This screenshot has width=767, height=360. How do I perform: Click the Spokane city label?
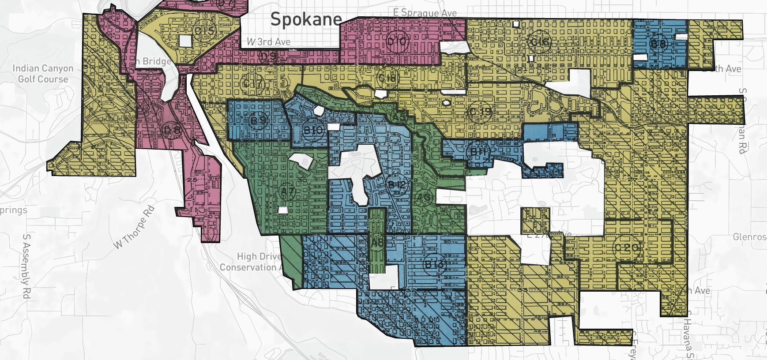tap(306, 19)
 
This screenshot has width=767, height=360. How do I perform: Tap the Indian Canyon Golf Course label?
tap(43, 74)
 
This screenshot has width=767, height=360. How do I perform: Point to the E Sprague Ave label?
tap(425, 13)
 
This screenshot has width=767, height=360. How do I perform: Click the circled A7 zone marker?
tap(287, 191)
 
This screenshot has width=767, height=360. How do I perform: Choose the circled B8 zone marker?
tap(658, 44)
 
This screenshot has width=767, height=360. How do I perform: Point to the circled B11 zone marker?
tap(478, 152)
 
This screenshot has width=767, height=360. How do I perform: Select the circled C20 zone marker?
tap(627, 247)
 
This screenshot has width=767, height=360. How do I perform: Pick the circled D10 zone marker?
tap(398, 42)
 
